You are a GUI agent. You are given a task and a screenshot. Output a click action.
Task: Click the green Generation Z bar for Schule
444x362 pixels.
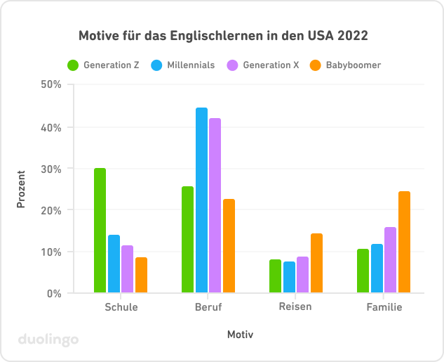(100, 231)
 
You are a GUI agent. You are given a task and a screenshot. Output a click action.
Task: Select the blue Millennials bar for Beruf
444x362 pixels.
(201, 200)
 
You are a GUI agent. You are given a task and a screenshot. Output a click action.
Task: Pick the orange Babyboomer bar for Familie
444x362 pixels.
(404, 242)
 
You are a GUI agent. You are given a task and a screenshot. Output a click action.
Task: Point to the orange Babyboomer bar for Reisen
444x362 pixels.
(316, 263)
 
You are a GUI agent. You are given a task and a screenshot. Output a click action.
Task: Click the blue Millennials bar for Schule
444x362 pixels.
(114, 264)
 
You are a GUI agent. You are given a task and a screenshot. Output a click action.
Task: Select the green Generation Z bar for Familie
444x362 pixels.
(363, 271)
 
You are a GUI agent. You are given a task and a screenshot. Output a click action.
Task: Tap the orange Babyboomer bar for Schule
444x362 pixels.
(141, 275)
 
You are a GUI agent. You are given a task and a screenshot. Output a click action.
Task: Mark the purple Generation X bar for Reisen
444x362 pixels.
(302, 274)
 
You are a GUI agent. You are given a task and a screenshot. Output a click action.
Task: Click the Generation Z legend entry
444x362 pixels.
(104, 65)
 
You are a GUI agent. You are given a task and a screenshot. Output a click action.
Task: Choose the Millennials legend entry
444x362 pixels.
(183, 65)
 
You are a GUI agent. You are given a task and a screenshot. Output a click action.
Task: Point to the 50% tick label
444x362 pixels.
(52, 84)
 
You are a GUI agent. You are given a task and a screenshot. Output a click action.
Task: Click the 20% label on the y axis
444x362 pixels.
(52, 210)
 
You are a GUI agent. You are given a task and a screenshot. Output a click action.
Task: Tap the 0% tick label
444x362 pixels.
(55, 293)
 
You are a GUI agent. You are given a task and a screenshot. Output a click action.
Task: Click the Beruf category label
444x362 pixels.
(208, 307)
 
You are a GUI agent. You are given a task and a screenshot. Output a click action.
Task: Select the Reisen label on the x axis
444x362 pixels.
(295, 307)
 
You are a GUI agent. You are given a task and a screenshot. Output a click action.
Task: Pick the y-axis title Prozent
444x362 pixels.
(22, 188)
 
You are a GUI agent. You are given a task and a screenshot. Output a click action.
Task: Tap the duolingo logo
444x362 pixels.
(48, 340)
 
